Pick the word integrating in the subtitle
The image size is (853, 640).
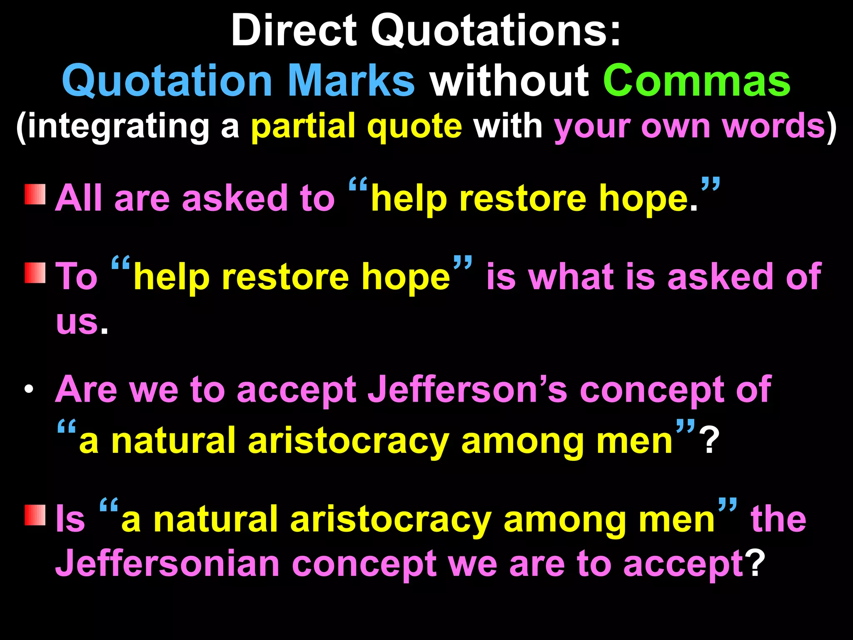[x=118, y=127]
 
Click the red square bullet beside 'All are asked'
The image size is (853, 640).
[x=35, y=195]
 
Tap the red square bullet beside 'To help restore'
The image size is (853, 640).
[x=35, y=273]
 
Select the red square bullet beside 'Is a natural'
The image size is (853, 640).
[x=35, y=515]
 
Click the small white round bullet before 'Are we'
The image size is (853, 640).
[x=28, y=390]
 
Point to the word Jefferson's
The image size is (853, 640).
[x=467, y=389]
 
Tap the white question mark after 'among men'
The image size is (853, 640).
[x=710, y=441]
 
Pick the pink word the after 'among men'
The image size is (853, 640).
[x=778, y=519]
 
